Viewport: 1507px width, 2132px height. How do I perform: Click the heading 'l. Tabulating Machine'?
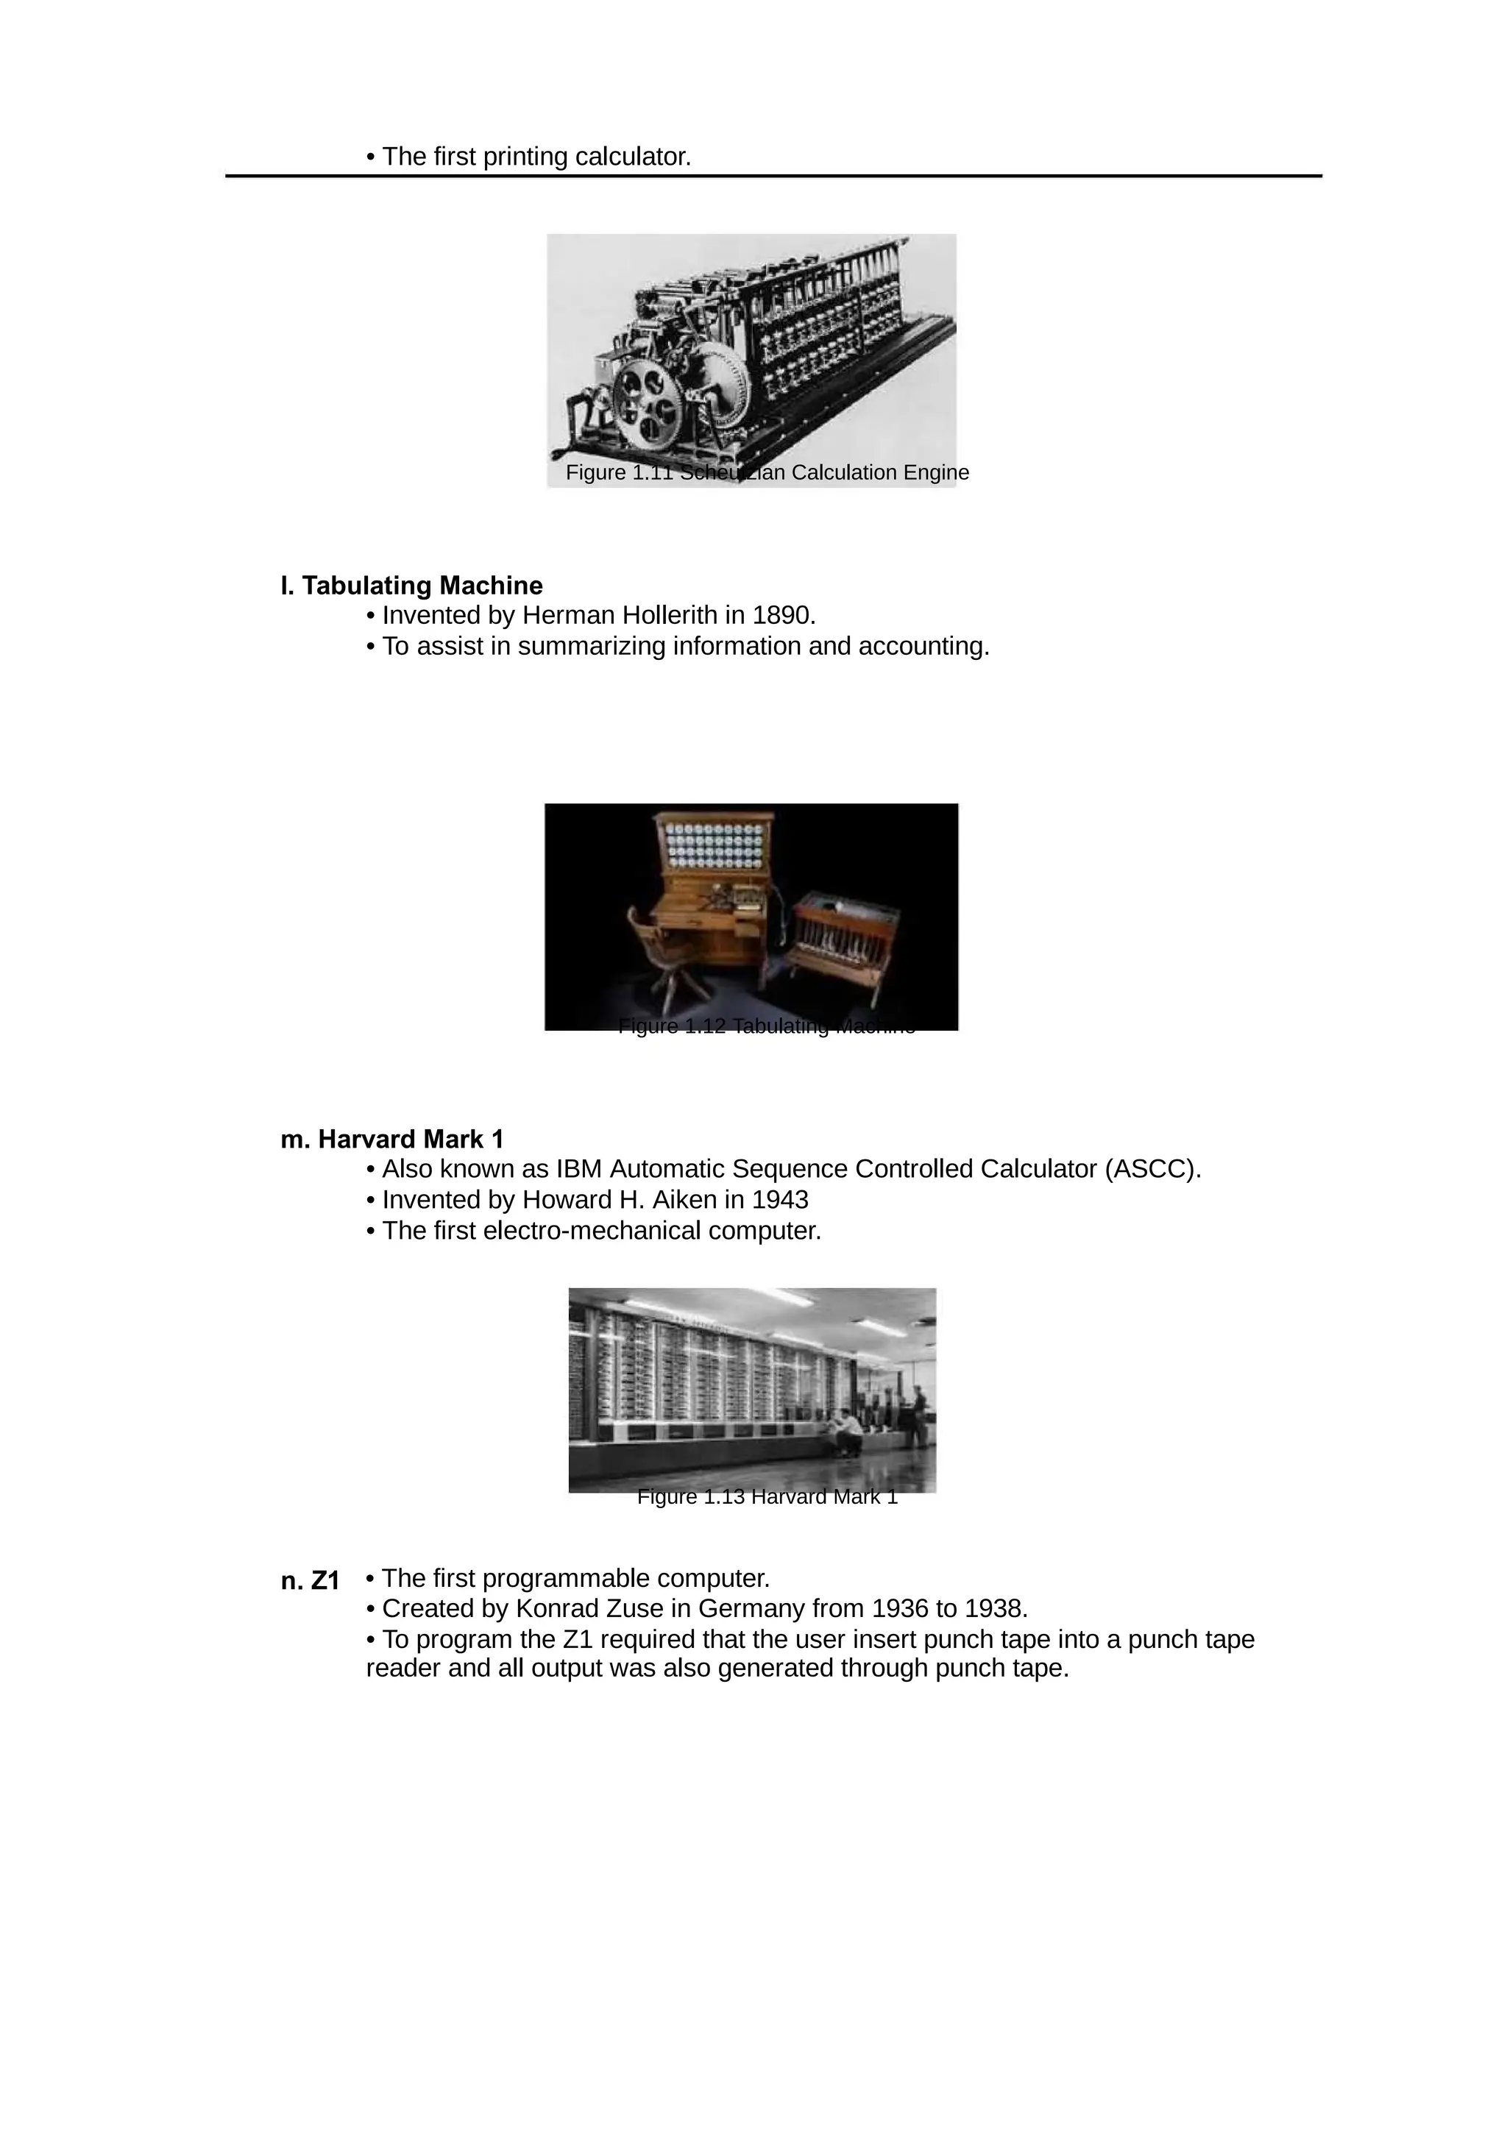(x=411, y=586)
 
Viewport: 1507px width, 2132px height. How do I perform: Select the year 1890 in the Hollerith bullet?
(x=781, y=616)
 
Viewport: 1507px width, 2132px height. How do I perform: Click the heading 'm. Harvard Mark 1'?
(x=392, y=1140)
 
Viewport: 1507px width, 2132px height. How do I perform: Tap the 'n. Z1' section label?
(x=310, y=1580)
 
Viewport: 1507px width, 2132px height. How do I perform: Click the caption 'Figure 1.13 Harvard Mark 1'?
(x=767, y=1497)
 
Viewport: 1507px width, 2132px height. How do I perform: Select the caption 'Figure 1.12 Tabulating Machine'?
(x=767, y=1026)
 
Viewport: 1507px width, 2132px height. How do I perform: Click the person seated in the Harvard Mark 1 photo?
(x=846, y=1431)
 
